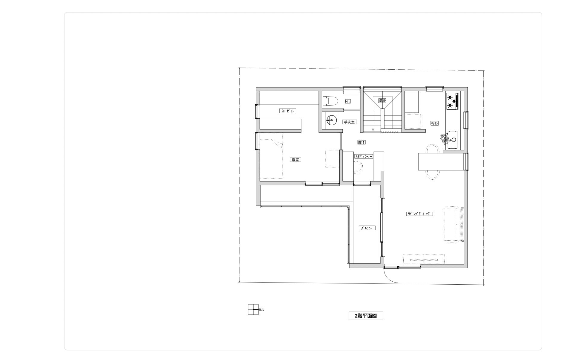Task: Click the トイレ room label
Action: tap(347, 101)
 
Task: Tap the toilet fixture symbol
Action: tap(330, 101)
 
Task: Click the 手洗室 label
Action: tap(349, 122)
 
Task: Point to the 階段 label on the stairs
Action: tap(382, 101)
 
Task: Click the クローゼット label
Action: tap(288, 111)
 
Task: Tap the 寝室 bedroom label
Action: tap(296, 160)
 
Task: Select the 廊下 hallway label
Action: tap(361, 142)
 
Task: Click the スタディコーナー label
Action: tap(364, 156)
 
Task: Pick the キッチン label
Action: tap(434, 123)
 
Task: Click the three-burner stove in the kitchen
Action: tap(452, 101)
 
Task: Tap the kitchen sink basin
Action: tap(452, 139)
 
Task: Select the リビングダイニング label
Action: tap(419, 214)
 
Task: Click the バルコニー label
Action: tap(367, 228)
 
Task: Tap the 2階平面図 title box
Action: tap(366, 316)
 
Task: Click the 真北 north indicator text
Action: tap(261, 310)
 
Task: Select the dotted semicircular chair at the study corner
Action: tap(358, 167)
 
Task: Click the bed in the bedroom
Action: tap(271, 159)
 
